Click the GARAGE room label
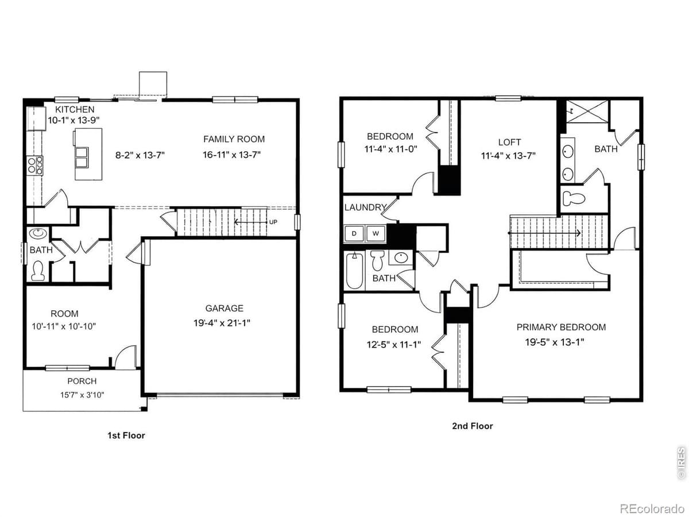coord(224,308)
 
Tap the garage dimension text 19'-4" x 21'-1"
coord(222,323)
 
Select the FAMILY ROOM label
coord(234,139)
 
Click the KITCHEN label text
coord(75,110)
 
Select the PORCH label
coord(82,381)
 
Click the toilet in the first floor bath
coord(38,271)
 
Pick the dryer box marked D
coord(354,233)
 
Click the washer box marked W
coord(376,233)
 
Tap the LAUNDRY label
coord(365,207)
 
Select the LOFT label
coord(509,142)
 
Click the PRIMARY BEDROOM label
coord(561,327)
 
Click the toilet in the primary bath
coord(574,199)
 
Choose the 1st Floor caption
coord(126,435)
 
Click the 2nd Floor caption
coord(472,426)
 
